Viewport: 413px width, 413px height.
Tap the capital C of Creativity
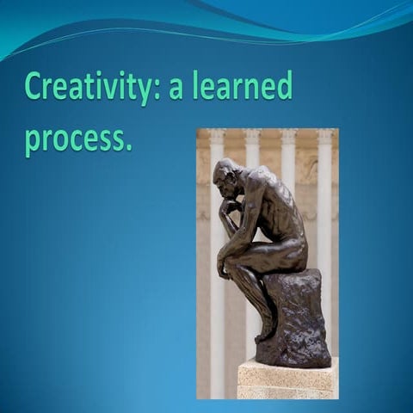pyautogui.click(x=35, y=87)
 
